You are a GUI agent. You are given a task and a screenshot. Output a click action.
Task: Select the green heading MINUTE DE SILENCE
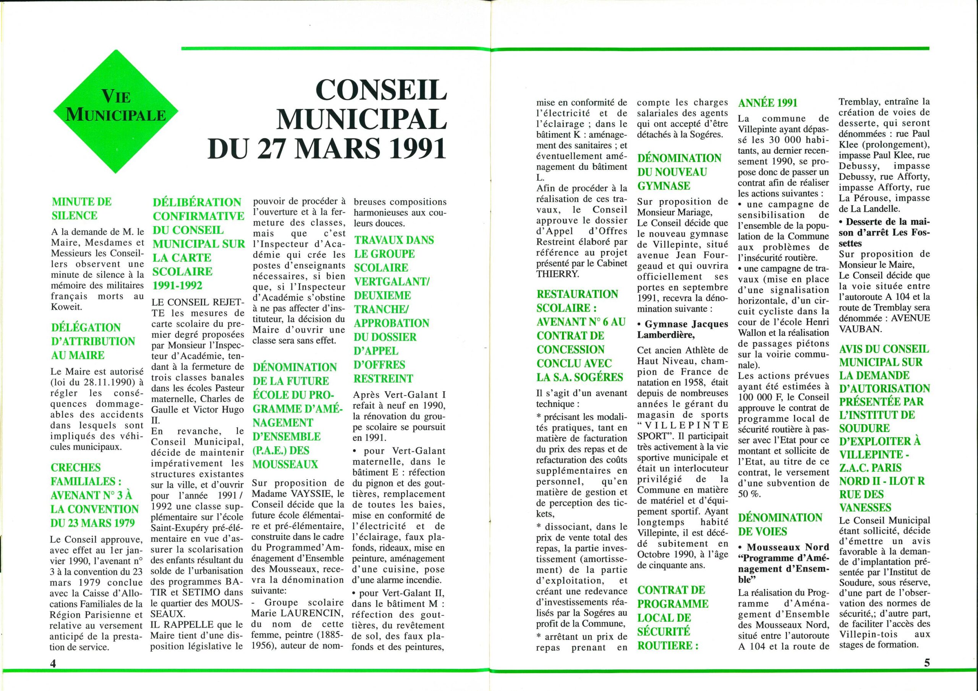81,208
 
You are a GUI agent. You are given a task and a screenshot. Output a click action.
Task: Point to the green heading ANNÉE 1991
767,103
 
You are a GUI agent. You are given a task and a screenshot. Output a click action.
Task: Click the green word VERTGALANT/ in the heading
392,281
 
